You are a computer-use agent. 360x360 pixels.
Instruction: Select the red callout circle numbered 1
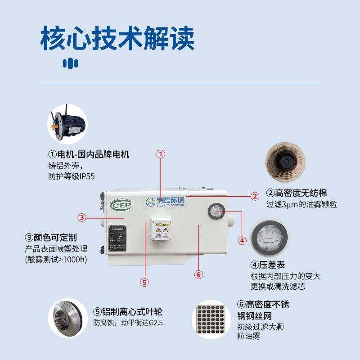pyautogui.click(x=161, y=154)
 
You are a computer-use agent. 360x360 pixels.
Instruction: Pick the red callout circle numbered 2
pyautogui.click(x=255, y=196)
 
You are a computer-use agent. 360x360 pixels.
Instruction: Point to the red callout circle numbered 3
pyautogui.click(x=81, y=218)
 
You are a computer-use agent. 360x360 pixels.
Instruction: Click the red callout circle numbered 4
pyautogui.click(x=242, y=240)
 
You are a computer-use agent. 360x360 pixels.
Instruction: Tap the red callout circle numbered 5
pyautogui.click(x=144, y=283)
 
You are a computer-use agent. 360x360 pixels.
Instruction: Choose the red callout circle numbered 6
pyautogui.click(x=198, y=274)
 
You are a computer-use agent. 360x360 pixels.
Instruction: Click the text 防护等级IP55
pyautogui.click(x=72, y=176)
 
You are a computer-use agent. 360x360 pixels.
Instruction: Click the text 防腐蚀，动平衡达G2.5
pyautogui.click(x=121, y=323)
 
